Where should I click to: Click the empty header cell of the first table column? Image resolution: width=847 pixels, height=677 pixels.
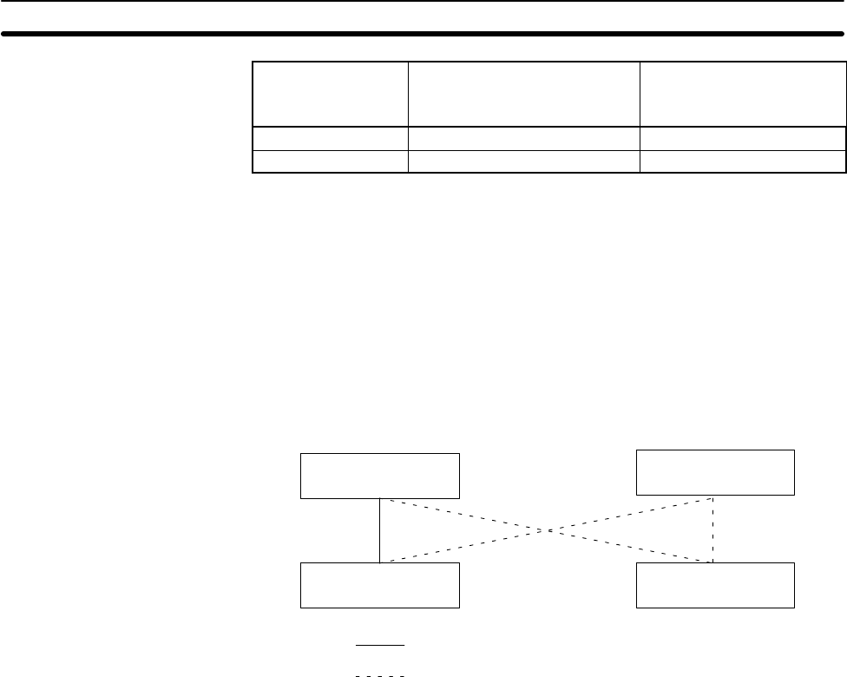330,94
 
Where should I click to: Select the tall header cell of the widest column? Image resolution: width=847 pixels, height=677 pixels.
523,94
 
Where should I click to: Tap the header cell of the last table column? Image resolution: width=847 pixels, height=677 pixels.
742,94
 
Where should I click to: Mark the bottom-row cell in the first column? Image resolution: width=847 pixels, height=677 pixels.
330,161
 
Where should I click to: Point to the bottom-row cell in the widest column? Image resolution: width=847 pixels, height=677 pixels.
523,161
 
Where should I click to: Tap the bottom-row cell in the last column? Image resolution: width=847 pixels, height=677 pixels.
742,161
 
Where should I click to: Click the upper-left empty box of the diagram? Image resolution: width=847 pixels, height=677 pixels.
379,476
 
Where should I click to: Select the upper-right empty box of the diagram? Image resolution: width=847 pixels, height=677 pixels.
715,472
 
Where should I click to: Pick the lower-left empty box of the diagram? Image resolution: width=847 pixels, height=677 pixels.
379,585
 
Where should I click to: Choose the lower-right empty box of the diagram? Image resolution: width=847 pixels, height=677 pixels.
715,585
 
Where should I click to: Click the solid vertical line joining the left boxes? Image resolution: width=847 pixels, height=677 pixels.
380,530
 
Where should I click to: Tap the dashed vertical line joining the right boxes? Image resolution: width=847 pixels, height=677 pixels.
713,530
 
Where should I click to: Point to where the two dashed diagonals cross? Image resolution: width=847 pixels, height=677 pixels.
547,530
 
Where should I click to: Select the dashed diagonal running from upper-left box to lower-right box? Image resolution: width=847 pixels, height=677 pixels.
460,514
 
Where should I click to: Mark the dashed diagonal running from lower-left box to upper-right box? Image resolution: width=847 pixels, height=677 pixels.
460,548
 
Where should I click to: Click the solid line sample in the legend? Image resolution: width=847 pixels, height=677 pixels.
380,646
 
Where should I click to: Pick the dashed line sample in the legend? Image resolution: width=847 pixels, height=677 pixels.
380,674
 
